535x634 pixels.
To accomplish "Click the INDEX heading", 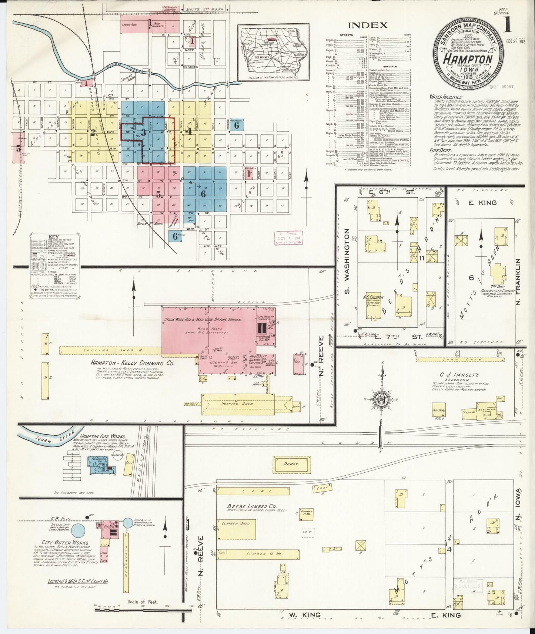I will [368, 26].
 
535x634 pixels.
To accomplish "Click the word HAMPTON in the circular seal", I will [468, 60].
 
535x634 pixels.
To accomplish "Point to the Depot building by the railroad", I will [290, 464].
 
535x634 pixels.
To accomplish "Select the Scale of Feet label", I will [142, 602].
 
